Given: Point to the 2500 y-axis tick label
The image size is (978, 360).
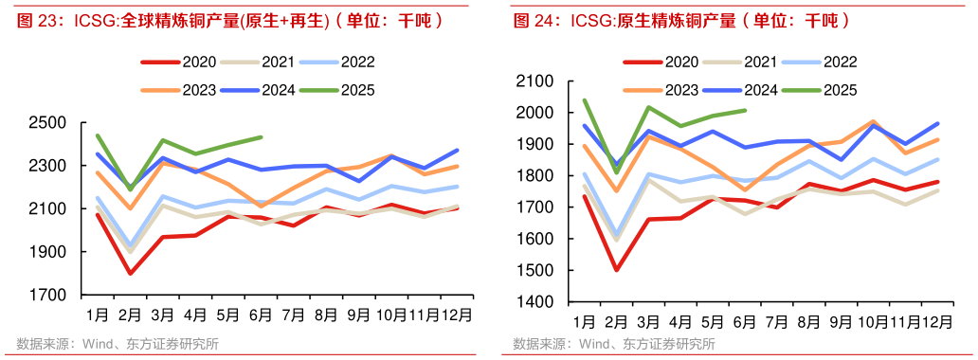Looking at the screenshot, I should (x=47, y=123).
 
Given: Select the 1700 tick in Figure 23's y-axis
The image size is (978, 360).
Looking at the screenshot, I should (x=47, y=296).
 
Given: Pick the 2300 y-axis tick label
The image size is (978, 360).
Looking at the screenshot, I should (x=47, y=166).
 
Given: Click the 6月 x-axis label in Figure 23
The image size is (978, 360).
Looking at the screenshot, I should (x=260, y=314).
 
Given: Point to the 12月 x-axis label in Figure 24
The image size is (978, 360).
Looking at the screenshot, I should (x=936, y=320).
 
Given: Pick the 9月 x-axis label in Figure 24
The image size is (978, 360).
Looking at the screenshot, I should (x=840, y=320).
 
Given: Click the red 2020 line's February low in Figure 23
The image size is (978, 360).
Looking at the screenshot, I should (x=130, y=274).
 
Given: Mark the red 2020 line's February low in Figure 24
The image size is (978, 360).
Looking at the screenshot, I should (x=616, y=270).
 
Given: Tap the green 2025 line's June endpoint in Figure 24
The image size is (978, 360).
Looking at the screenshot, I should (x=746, y=110).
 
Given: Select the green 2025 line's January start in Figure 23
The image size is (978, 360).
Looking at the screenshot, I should (x=98, y=135).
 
